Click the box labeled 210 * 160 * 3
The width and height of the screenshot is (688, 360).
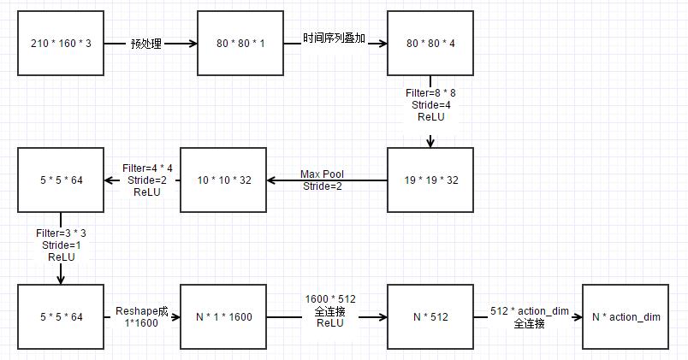[60, 43]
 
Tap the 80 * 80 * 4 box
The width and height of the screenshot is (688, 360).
[430, 43]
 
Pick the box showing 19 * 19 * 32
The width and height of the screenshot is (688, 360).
[430, 180]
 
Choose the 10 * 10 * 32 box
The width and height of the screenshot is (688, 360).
[223, 180]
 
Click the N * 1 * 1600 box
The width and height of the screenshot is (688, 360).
[223, 317]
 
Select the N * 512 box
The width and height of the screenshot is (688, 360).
[430, 317]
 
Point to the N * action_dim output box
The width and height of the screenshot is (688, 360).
[625, 317]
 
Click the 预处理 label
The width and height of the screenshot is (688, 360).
[146, 43]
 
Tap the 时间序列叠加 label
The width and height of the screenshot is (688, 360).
[335, 38]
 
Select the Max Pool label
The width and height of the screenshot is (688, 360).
[322, 174]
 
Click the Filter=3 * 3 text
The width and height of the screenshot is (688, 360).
[61, 233]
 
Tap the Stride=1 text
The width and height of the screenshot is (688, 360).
[61, 245]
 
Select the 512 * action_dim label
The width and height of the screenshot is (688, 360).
[530, 311]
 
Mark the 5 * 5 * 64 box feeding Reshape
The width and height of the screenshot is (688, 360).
[60, 317]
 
